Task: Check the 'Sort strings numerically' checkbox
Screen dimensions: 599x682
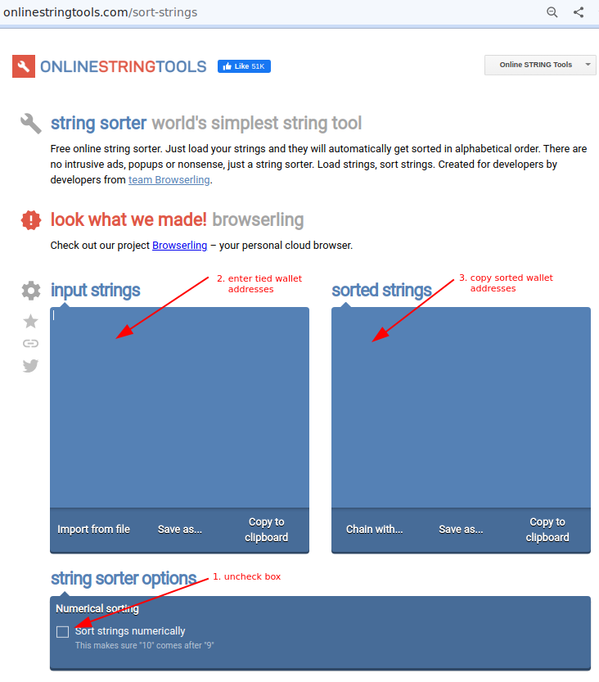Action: pyautogui.click(x=62, y=631)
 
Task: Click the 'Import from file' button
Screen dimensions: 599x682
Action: pyautogui.click(x=93, y=530)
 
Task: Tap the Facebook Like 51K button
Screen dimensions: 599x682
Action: pyautogui.click(x=245, y=66)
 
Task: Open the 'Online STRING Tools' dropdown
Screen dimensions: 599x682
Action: pyautogui.click(x=540, y=65)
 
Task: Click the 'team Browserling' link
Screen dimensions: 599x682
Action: pyautogui.click(x=169, y=179)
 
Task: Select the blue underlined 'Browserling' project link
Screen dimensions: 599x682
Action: pyautogui.click(x=179, y=246)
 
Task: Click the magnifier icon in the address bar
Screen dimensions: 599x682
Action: pyautogui.click(x=552, y=12)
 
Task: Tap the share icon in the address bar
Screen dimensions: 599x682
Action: pyautogui.click(x=579, y=12)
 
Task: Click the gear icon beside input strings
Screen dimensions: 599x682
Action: pyautogui.click(x=31, y=291)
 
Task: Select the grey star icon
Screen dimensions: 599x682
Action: pyautogui.click(x=30, y=322)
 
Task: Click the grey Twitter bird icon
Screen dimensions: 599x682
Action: pyautogui.click(x=30, y=366)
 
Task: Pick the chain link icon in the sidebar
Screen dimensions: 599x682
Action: pyautogui.click(x=30, y=344)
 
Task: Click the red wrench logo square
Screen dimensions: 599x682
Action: pyautogui.click(x=24, y=66)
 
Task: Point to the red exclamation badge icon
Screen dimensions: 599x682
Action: pyautogui.click(x=31, y=220)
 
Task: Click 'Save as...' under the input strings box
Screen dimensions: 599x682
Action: pyautogui.click(x=179, y=530)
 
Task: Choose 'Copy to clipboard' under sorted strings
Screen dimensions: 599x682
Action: pyautogui.click(x=547, y=530)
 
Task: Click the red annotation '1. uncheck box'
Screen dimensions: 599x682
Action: pyautogui.click(x=246, y=576)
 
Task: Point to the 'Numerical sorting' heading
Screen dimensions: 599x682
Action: pyautogui.click(x=97, y=608)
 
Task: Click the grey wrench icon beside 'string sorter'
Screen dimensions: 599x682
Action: pyautogui.click(x=31, y=124)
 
